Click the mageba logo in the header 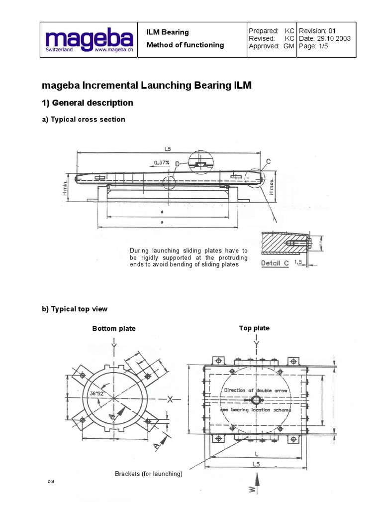click(x=89, y=40)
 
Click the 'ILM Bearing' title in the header click(x=167, y=32)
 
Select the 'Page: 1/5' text click(x=313, y=46)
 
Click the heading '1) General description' click(x=88, y=103)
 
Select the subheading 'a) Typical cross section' click(x=84, y=120)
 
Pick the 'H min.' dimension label click(x=69, y=186)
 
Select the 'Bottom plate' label click(x=114, y=329)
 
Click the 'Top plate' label click(x=254, y=328)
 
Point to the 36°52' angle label click(x=98, y=393)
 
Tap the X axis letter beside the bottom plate click(x=170, y=398)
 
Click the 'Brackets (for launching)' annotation click(x=149, y=474)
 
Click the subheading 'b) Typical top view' click(x=75, y=309)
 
